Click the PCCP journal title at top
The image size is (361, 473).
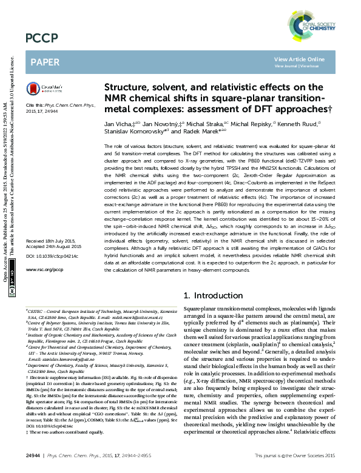pyautogui.click(x=42, y=38)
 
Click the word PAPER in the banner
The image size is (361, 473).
pyautogui.click(x=44, y=62)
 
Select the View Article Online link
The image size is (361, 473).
pyautogui.click(x=299, y=59)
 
